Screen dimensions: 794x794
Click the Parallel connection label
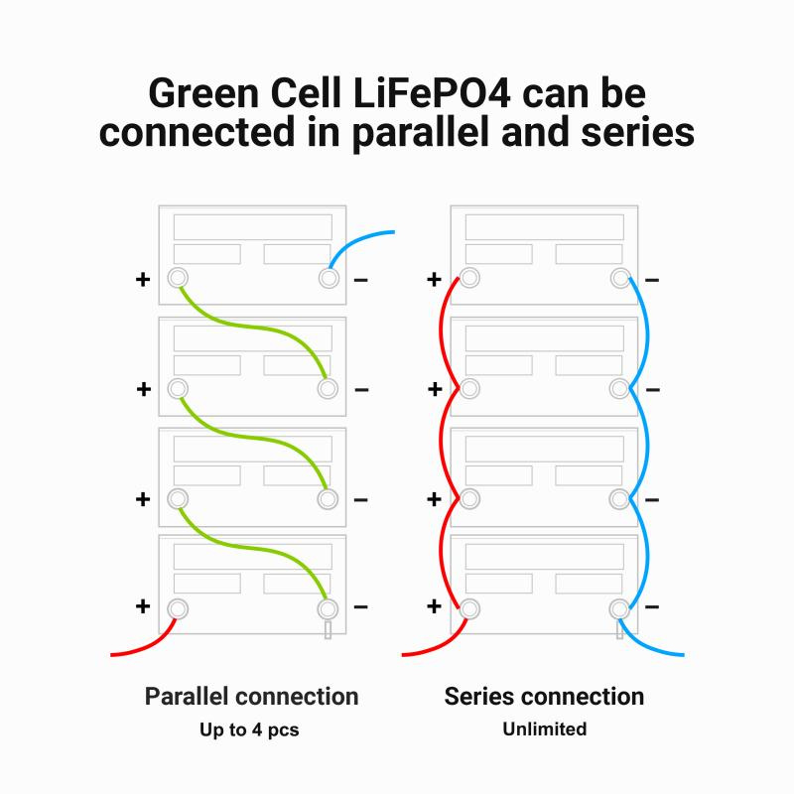point(251,696)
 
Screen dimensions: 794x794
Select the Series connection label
point(544,696)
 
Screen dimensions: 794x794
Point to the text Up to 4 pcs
point(251,729)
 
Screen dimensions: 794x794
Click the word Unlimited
point(544,729)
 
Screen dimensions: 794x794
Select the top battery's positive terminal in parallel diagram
point(178,279)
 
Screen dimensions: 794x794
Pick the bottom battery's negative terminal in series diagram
point(618,607)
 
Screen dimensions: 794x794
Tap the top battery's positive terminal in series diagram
point(469,279)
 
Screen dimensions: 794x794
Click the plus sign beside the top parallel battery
point(143,280)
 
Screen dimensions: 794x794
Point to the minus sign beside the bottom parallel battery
point(361,606)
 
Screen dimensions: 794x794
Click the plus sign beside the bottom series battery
point(434,606)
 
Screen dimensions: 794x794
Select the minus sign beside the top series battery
point(652,280)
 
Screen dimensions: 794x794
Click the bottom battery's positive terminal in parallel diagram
point(178,607)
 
